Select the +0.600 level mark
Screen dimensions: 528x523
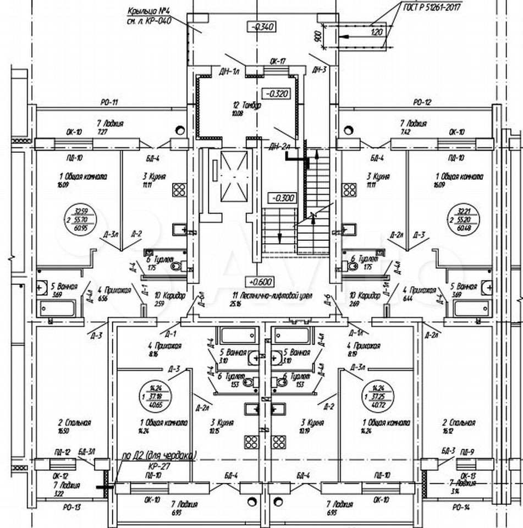[261, 282]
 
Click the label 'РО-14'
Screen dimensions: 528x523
[458, 507]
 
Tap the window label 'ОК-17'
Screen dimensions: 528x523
[277, 62]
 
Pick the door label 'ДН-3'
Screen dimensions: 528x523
[319, 69]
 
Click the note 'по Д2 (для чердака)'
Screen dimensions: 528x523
[159, 455]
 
